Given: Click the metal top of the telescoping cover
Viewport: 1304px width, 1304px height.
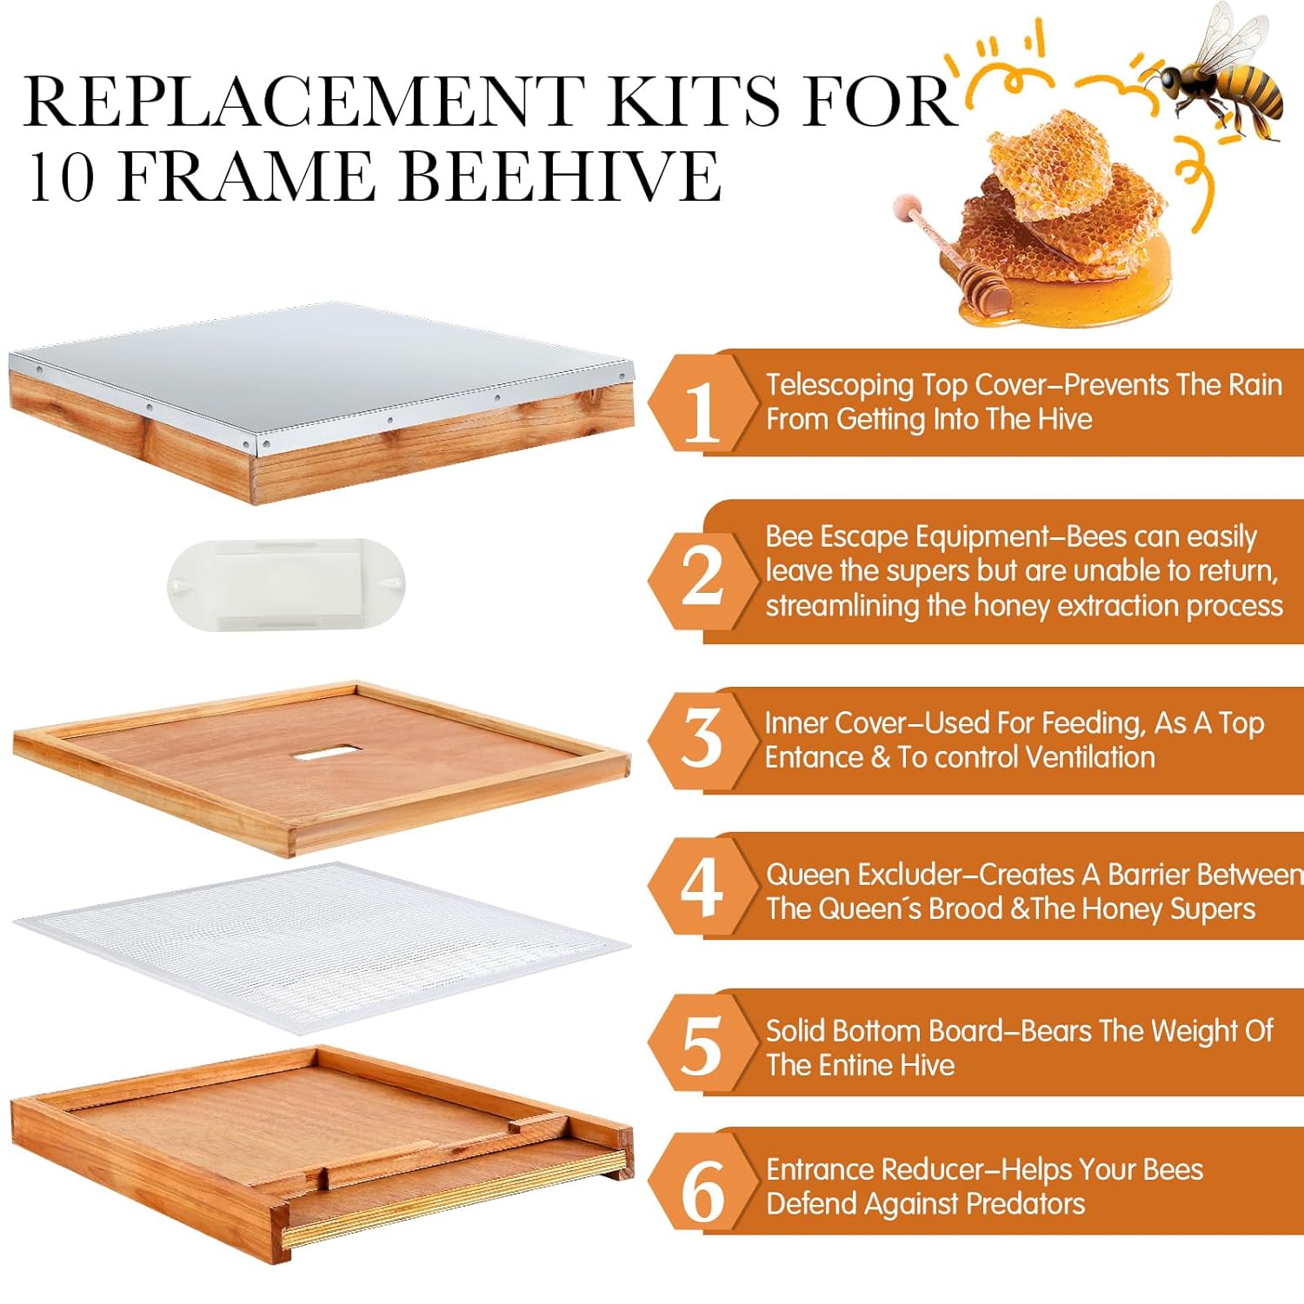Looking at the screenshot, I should pyautogui.click(x=322, y=365).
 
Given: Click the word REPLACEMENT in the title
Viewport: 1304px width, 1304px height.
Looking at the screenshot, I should pyautogui.click(x=304, y=101).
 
